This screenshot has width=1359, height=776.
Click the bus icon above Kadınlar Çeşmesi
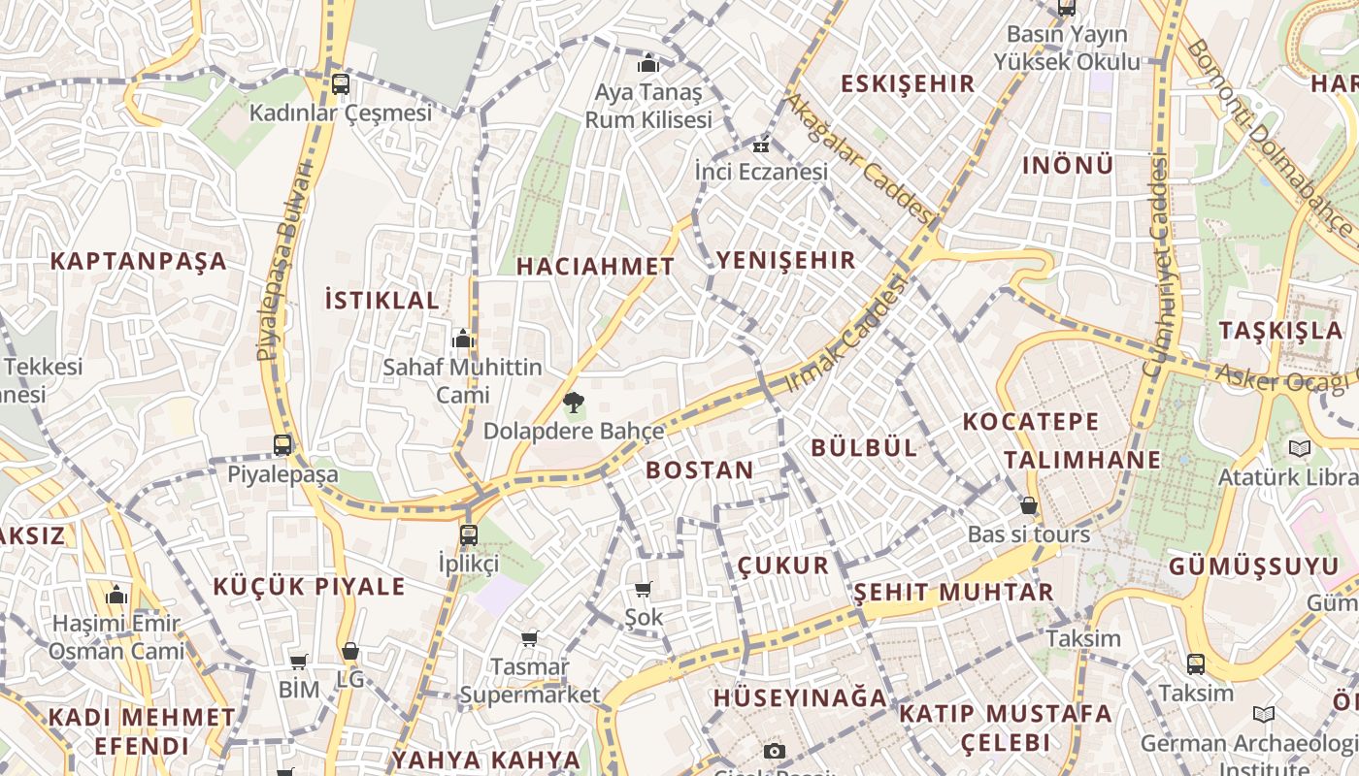[x=340, y=83]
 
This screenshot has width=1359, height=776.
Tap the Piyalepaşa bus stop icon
[x=282, y=445]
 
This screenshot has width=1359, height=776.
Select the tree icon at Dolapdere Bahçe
[x=574, y=402]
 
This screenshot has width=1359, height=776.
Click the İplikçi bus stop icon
[x=469, y=534]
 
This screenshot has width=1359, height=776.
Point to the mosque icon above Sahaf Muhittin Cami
[x=463, y=339]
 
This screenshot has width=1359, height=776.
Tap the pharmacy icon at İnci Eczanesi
[x=761, y=146]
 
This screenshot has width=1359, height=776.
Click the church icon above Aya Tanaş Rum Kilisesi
[x=647, y=65]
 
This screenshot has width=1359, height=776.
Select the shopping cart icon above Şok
[x=643, y=589]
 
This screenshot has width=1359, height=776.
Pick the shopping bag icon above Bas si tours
[x=1029, y=505]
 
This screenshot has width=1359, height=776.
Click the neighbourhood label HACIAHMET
[x=595, y=267]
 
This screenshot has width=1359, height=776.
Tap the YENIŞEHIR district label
[x=786, y=260]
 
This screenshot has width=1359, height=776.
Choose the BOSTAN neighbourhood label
[x=699, y=470]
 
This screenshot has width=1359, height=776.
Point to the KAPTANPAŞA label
[x=138, y=261]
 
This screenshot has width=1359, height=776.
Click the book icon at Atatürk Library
[x=1299, y=448]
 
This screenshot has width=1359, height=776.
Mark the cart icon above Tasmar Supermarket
[x=529, y=638]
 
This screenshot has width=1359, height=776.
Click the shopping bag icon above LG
[x=349, y=651]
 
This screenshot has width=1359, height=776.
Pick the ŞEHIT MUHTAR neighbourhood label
[x=953, y=592]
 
